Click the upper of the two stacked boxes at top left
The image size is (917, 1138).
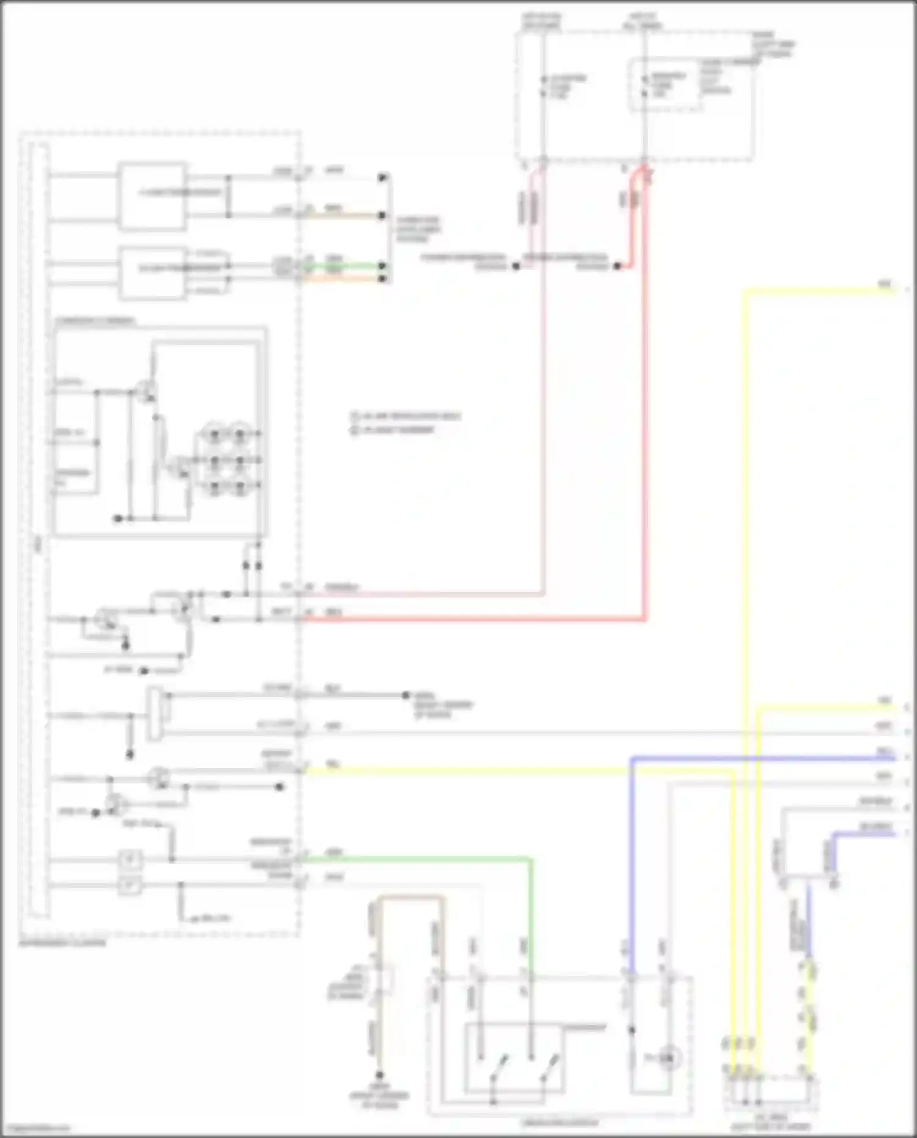(x=152, y=196)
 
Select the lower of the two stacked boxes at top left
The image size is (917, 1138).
(x=152, y=273)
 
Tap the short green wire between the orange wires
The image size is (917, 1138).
(x=345, y=267)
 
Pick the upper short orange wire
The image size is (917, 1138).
(x=345, y=216)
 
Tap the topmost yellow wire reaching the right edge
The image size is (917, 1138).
(x=819, y=291)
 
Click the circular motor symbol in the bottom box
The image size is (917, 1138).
(x=669, y=1057)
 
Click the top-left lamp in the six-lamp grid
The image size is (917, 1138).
(x=215, y=434)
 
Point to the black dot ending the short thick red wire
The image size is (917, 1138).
(x=618, y=267)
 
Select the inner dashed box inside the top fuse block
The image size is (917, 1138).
(x=665, y=85)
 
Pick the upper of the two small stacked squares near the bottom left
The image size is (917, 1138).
(x=130, y=860)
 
